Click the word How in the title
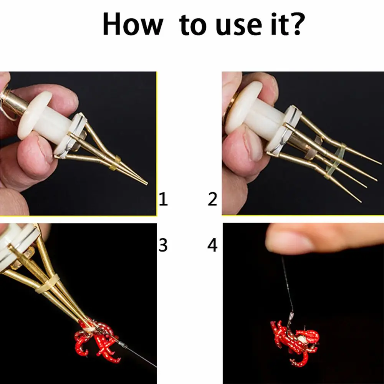click(132, 24)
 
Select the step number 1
click(163, 200)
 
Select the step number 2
click(212, 200)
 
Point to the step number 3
click(163, 245)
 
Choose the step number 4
click(212, 245)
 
